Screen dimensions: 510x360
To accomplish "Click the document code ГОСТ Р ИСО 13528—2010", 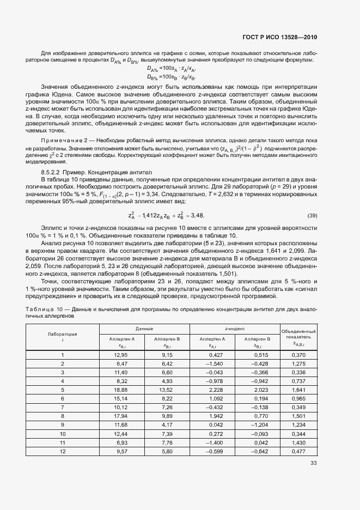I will (279, 37).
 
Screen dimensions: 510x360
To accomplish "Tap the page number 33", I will (313, 463).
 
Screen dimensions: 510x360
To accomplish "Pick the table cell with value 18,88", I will (120, 390).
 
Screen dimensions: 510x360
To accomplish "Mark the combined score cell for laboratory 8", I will (298, 416).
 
